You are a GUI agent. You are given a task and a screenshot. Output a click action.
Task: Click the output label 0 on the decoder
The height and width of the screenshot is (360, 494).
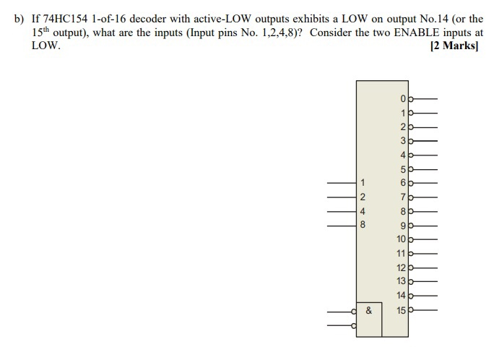(404, 98)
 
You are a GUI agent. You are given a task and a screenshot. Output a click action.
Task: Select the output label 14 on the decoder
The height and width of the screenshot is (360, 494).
(401, 295)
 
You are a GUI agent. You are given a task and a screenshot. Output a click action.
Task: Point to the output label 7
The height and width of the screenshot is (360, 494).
(404, 197)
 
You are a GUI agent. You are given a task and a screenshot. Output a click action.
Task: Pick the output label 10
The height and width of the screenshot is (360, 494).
(401, 239)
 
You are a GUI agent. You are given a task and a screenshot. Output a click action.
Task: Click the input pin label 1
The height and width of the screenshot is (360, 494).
(363, 182)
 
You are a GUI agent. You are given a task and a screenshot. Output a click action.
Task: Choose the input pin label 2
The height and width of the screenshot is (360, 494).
(363, 197)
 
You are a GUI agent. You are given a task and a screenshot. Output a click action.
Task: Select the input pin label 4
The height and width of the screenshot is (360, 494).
(363, 211)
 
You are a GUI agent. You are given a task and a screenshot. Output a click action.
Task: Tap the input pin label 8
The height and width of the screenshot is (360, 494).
(363, 226)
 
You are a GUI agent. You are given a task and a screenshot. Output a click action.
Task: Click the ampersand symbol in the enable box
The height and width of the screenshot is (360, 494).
(368, 311)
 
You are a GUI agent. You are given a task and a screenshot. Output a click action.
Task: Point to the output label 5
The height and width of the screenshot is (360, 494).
(404, 169)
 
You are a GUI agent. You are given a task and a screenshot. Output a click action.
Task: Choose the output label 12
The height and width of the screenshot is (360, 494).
(401, 267)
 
